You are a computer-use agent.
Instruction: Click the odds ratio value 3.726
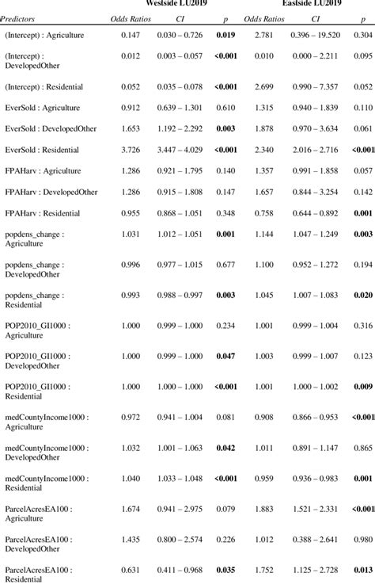(x=131, y=149)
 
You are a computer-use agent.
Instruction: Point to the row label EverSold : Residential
(x=47, y=149)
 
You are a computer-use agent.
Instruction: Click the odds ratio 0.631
(x=131, y=570)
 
